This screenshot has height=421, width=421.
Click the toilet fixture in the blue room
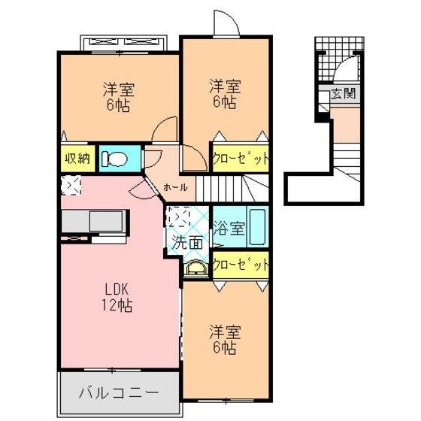114,159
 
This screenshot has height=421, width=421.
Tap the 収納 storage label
77,159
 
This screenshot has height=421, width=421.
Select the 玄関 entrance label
343,93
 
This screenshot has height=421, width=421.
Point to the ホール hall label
175,187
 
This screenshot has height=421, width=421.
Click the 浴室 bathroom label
229,229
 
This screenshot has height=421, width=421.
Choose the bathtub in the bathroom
257,227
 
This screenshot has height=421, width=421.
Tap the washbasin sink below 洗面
196,268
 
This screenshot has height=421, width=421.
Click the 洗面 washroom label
187,242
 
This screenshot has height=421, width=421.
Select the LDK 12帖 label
117,298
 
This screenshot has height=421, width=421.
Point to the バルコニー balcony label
119,392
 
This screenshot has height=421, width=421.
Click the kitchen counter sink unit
94,221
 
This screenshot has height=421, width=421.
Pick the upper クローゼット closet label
241,159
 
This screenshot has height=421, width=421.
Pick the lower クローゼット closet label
241,265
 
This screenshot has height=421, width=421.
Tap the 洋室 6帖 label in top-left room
119,97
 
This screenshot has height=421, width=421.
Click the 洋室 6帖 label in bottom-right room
225,340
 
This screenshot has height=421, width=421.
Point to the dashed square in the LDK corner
71,185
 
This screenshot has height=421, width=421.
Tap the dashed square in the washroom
177,217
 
